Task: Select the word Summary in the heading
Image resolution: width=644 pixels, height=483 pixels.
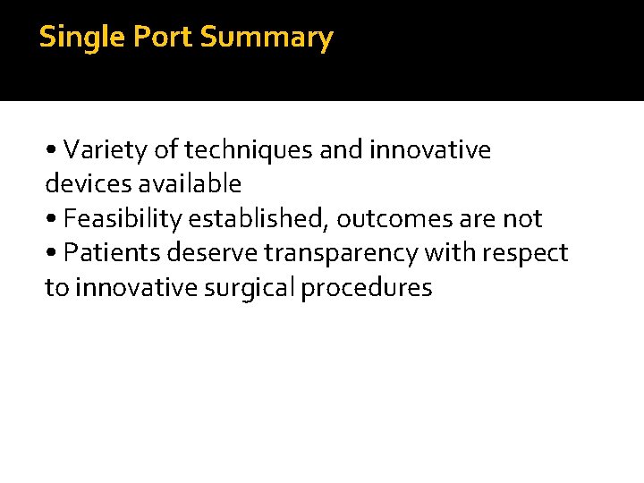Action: [267, 38]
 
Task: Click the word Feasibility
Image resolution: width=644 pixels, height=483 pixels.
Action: [123, 219]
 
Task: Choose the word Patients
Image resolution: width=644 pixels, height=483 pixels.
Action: [110, 254]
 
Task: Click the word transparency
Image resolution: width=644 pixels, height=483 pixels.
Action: [341, 254]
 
